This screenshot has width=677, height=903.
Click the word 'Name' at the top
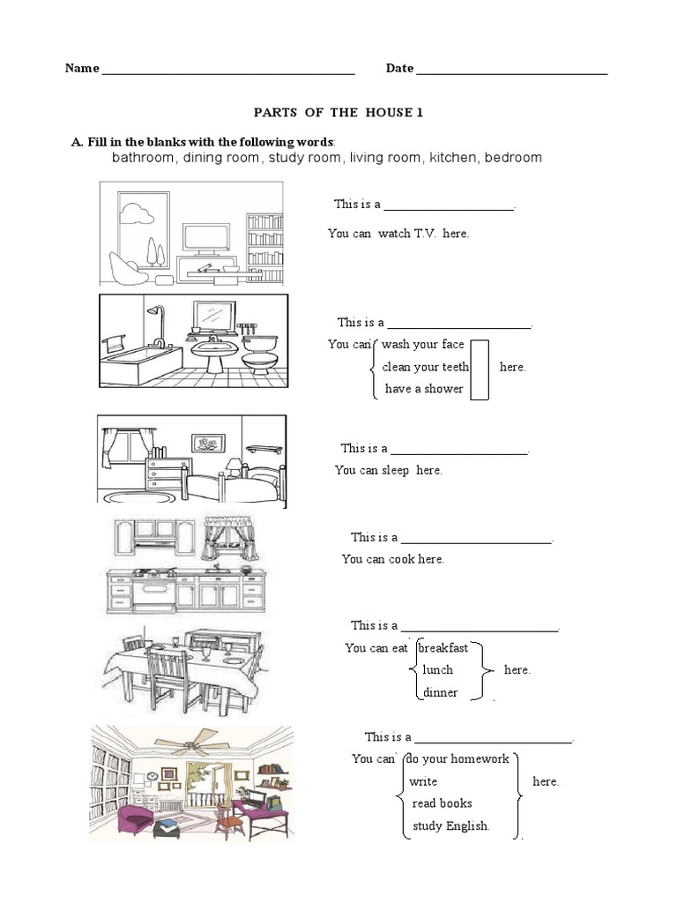point(81,69)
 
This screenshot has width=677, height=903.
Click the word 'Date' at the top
point(399,69)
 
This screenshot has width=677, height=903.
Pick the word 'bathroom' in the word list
point(144,157)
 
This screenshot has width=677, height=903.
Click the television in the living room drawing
point(206,237)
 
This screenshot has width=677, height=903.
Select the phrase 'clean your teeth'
point(425,367)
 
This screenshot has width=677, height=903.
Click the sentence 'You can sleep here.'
point(388,470)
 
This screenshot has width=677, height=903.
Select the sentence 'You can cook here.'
point(392,559)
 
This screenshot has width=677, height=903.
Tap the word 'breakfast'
point(443,647)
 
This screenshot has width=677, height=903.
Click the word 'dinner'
point(440,692)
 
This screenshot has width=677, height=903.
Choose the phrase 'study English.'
point(451,826)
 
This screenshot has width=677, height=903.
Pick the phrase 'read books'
point(442,803)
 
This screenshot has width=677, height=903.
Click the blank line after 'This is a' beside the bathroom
point(459,325)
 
